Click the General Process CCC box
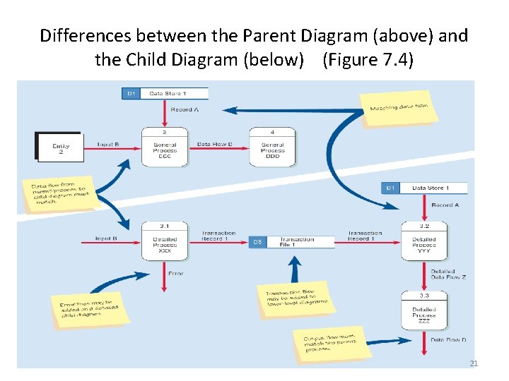tap(164, 147)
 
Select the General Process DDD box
tap(272, 147)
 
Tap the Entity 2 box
tap(59, 146)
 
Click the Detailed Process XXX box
tap(164, 242)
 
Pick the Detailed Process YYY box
tap(424, 242)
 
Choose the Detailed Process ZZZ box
tap(424, 312)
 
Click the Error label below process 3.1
tap(175, 273)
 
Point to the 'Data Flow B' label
tap(214, 144)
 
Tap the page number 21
tap(474, 363)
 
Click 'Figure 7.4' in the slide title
tap(368, 59)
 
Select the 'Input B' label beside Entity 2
tap(108, 144)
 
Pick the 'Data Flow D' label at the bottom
tap(449, 339)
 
